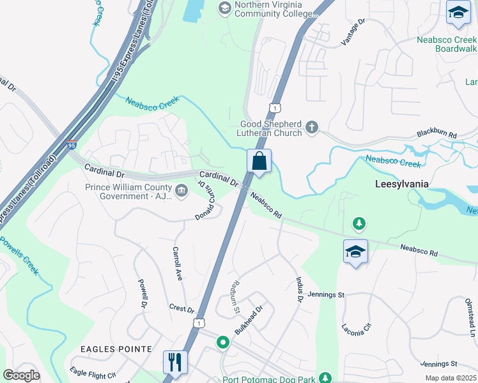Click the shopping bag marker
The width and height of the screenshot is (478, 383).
coord(259,161)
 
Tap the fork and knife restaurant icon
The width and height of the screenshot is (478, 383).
coord(174,362)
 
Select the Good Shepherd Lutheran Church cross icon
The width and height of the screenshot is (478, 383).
coord(312,128)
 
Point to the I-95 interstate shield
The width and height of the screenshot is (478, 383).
coord(72,146)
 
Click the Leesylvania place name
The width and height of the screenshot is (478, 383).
coord(401,184)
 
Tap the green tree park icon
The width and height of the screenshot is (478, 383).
coord(359,223)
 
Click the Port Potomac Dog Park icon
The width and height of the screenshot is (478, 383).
coord(325,378)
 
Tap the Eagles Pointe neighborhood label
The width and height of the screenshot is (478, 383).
coord(116,349)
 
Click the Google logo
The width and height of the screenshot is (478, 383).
coord(21,375)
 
